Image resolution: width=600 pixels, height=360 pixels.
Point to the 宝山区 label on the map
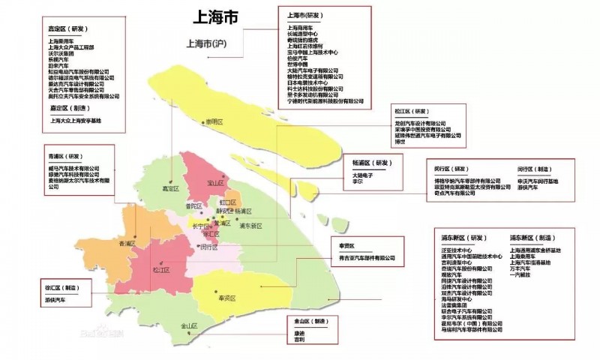coord(215,181)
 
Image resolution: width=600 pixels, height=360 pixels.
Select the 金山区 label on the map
coord(188,326)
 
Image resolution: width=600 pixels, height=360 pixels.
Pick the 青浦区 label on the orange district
coord(127,244)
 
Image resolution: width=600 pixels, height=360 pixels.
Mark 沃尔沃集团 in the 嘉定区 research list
coord(61,53)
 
